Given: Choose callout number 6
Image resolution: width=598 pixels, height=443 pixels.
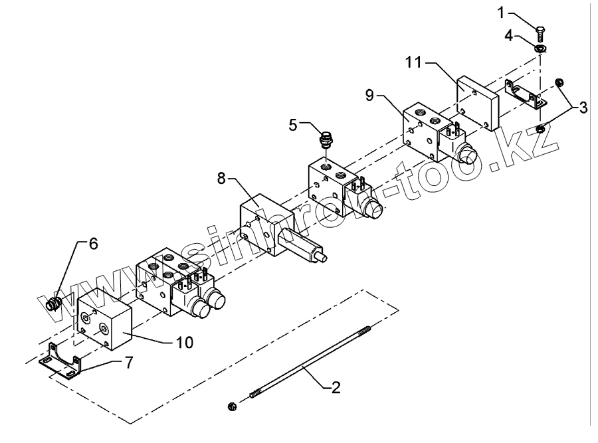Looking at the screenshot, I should pyautogui.click(x=92, y=244).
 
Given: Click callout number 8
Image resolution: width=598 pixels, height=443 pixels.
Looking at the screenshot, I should pyautogui.click(x=223, y=178).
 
